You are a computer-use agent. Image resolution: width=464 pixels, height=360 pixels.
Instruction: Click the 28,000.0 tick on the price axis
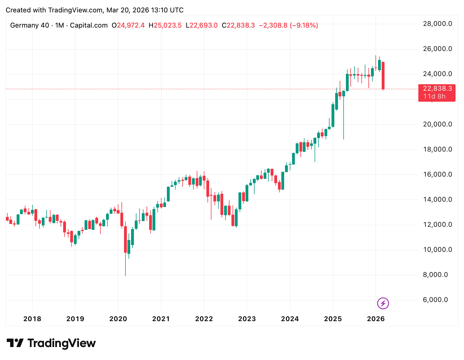437,24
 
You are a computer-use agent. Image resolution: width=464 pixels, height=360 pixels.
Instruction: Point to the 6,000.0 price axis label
435,300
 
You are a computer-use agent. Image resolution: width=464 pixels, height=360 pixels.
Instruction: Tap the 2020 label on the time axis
118,319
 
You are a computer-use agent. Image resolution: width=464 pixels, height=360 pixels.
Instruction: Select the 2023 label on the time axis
247,319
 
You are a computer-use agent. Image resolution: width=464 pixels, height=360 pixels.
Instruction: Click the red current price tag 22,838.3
437,89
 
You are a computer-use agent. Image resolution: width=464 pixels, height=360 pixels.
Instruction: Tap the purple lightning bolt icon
383,303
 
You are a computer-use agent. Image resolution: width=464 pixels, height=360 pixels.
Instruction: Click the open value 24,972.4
131,25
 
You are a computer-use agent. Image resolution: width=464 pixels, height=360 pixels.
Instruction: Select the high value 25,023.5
167,25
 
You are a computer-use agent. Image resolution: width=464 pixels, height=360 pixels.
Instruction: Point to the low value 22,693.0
204,25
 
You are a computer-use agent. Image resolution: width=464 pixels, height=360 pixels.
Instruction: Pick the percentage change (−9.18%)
304,25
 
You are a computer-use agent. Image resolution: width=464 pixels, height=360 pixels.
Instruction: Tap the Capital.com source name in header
89,25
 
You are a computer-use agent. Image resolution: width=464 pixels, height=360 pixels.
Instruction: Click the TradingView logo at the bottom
51,343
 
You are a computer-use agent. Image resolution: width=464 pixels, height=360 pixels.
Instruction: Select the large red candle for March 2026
383,75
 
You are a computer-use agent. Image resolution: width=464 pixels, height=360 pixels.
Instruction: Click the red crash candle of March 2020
125,239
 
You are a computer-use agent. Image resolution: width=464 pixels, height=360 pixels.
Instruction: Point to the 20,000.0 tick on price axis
437,124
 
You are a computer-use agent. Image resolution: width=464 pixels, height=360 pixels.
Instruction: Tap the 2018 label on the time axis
32,319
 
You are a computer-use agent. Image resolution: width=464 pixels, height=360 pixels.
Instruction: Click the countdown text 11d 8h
434,97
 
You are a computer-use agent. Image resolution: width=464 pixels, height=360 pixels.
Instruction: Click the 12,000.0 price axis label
437,225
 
